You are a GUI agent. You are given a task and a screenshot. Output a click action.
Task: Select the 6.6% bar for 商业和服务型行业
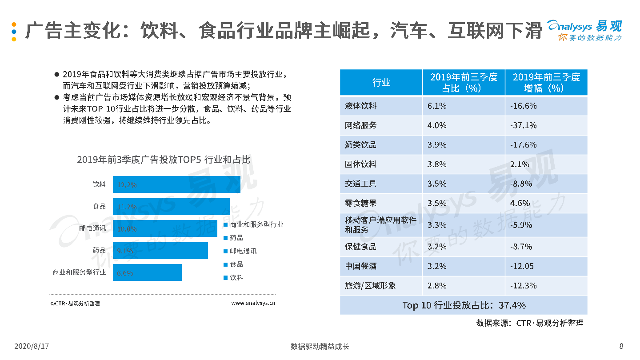click(147, 272)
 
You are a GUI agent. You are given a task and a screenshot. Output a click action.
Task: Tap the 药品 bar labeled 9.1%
click(160, 251)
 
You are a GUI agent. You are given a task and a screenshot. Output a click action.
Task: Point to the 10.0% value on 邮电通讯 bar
click(127, 229)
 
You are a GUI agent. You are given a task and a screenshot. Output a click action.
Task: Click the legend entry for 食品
click(236, 264)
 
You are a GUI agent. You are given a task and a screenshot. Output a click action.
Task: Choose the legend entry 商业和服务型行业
click(256, 224)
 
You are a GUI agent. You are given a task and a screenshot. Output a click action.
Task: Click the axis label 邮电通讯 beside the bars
click(92, 228)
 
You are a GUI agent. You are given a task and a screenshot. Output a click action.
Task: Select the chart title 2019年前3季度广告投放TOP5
click(164, 160)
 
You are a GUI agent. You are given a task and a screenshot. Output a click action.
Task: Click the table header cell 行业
click(381, 83)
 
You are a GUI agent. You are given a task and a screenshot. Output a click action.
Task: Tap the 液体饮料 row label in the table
click(361, 106)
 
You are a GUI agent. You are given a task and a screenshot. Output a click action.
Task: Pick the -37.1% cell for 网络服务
click(524, 125)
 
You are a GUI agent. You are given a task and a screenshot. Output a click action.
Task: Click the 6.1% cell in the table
click(437, 106)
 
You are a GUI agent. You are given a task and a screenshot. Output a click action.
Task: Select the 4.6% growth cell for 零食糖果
click(520, 203)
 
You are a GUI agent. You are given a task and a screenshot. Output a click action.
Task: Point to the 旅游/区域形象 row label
click(370, 285)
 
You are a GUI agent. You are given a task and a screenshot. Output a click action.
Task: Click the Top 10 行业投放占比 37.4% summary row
click(464, 305)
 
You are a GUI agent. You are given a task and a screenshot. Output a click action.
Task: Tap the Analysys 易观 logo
click(584, 30)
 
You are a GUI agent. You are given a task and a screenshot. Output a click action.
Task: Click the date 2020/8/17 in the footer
click(31, 346)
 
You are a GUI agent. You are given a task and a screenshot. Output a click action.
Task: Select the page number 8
click(621, 346)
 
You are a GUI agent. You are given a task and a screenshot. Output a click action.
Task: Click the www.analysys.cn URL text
click(253, 303)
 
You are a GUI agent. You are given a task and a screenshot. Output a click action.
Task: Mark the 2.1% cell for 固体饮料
click(520, 164)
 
